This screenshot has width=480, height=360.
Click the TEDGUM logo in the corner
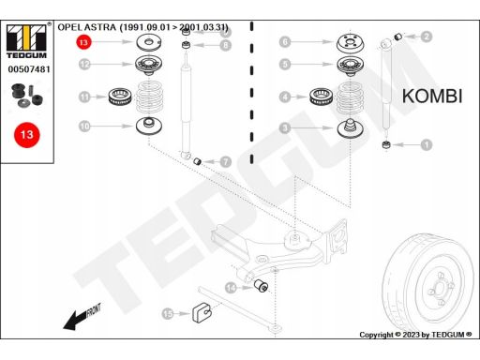click(26, 41)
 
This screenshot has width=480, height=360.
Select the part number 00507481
click(29, 69)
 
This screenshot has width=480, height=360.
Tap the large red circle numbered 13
click(27, 135)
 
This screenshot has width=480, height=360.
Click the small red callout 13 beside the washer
click(83, 42)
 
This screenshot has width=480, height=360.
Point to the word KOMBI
click(432, 97)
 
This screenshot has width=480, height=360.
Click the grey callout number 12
click(84, 65)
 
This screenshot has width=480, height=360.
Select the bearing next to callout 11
click(120, 97)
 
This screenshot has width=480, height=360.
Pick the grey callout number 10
click(84, 127)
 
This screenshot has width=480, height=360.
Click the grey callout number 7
click(225, 162)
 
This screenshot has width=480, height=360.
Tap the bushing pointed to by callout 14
click(261, 285)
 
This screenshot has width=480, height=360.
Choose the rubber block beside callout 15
click(202, 312)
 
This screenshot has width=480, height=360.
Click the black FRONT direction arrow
click(82, 317)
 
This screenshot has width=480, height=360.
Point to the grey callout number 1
click(427, 144)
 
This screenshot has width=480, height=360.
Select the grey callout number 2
click(427, 37)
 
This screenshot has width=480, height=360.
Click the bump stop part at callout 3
click(350, 128)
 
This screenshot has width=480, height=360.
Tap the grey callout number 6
click(285, 41)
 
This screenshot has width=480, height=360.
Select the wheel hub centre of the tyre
click(440, 289)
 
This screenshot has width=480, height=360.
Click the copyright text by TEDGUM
click(415, 335)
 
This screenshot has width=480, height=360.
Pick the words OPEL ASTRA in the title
click(87, 27)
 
